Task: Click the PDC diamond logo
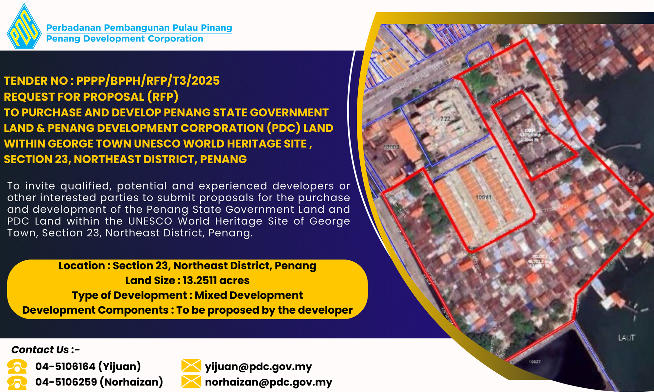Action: click(24, 27)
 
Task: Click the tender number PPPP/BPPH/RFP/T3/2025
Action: click(148, 81)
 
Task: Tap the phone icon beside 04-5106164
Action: click(17, 367)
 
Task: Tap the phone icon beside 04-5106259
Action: click(17, 382)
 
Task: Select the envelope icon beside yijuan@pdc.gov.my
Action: click(191, 366)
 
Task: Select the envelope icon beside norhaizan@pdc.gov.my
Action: click(191, 382)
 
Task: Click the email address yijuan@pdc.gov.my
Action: click(258, 367)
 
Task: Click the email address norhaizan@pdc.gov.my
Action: click(268, 382)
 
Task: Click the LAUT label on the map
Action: click(626, 338)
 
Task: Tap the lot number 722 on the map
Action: click(445, 119)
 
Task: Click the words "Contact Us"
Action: click(40, 350)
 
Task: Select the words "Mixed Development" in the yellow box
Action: click(249, 295)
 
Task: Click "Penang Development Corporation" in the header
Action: click(125, 39)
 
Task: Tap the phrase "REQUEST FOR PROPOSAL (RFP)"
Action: click(91, 97)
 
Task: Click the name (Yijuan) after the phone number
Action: click(120, 367)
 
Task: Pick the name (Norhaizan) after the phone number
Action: click(131, 382)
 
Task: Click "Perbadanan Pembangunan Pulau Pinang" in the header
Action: click(139, 28)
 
